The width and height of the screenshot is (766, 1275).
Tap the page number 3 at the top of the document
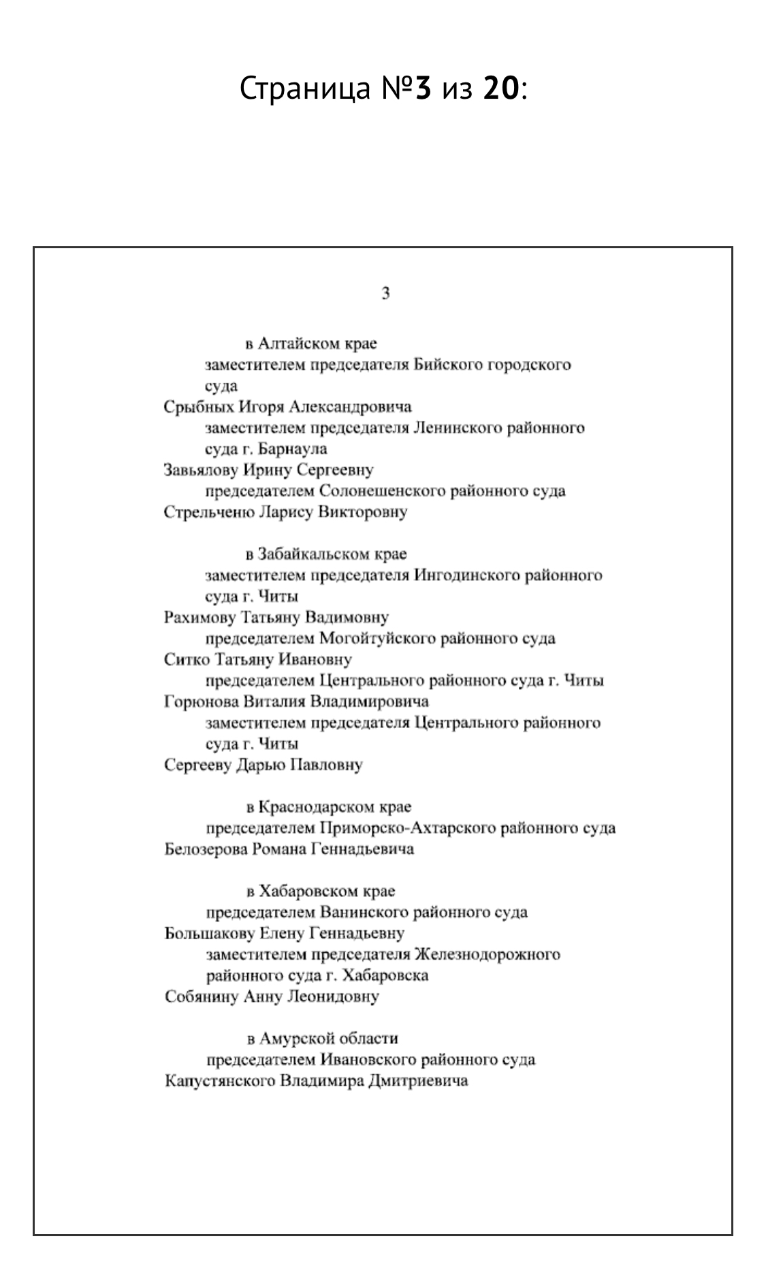pyautogui.click(x=385, y=294)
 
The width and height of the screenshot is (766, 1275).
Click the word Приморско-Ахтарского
pyautogui.click(x=407, y=828)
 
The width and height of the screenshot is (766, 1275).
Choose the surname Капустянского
pyautogui.click(x=220, y=1081)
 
